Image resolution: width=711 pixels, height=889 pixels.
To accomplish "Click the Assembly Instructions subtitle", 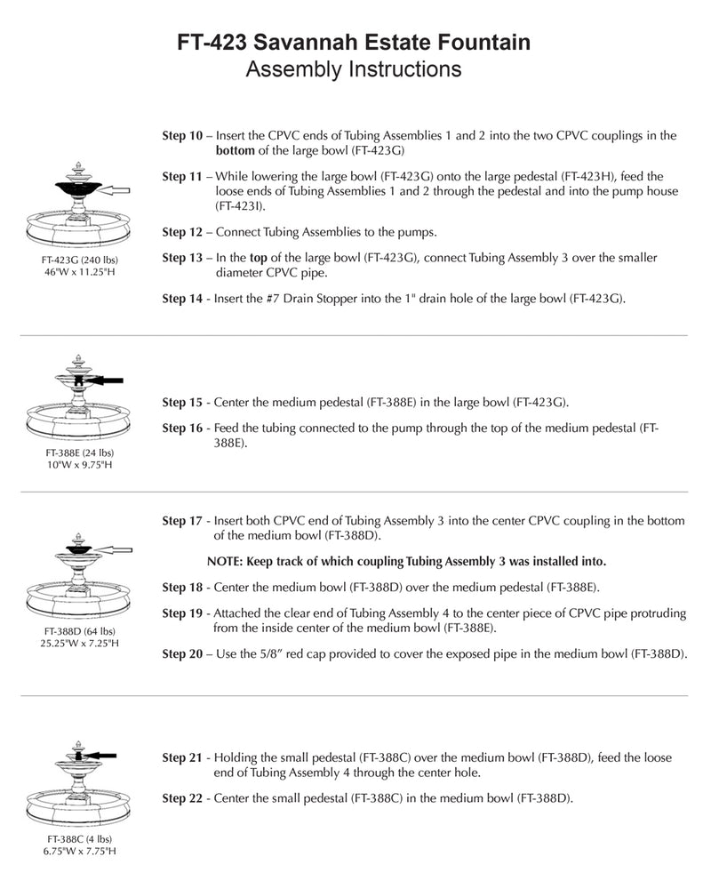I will coord(354,69).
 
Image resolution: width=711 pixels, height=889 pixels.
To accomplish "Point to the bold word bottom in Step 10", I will coord(236,150).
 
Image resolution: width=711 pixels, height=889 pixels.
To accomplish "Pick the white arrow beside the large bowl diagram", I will coord(116,189).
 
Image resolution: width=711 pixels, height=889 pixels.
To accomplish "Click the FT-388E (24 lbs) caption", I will coord(80,452).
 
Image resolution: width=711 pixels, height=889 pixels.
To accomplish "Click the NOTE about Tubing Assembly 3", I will coord(406,561).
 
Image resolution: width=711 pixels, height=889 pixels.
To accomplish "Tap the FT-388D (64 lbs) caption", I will coord(80,631).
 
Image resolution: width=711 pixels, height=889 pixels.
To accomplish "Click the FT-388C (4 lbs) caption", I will coord(80,838).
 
